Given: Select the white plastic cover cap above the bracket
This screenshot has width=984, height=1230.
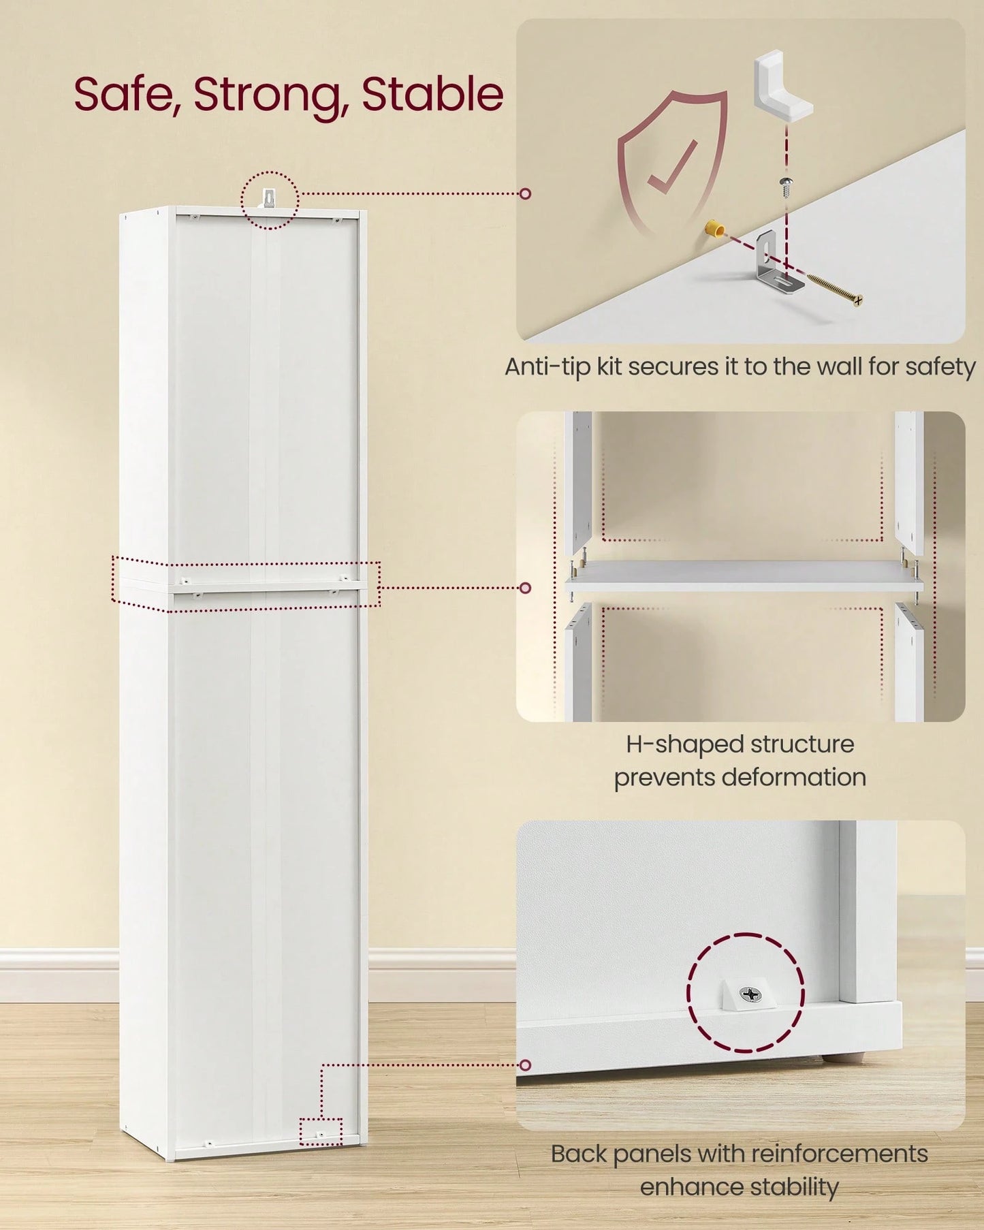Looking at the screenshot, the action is click(782, 89).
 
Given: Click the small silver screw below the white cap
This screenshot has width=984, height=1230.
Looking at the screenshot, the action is click(787, 187).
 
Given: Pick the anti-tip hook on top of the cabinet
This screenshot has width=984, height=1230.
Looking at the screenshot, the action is click(269, 200).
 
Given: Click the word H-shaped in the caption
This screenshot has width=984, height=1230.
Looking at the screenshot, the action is click(673, 744).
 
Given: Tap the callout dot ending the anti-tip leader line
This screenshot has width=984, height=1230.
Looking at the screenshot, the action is click(525, 194).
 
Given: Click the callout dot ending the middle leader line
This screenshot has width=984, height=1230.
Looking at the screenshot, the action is click(525, 588).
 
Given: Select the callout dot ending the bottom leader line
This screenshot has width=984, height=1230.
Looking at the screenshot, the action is click(525, 1065).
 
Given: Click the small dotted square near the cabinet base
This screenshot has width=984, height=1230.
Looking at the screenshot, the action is click(321, 1131).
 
